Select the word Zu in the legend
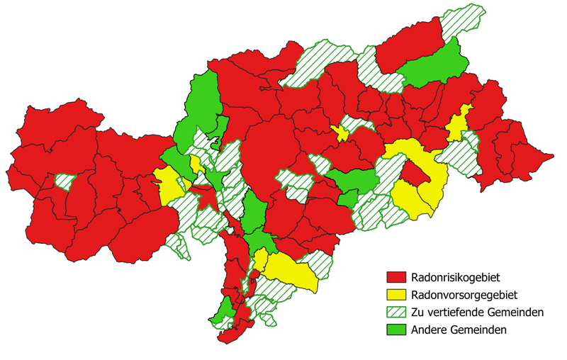[x=418, y=312]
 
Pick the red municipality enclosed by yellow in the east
[x=413, y=173]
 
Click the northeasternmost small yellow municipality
[x=457, y=125]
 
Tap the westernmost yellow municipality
[x=167, y=186]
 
